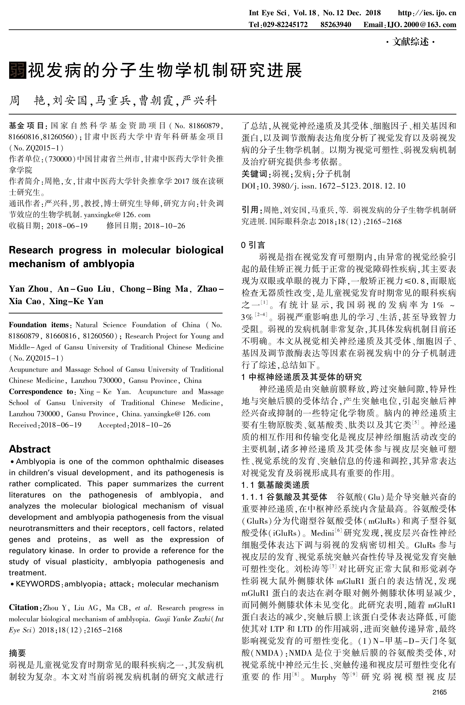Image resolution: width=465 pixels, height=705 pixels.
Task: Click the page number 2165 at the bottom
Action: click(439, 692)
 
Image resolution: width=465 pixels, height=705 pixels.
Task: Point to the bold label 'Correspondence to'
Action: click(41, 392)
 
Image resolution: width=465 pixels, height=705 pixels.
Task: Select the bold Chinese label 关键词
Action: click(254, 174)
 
